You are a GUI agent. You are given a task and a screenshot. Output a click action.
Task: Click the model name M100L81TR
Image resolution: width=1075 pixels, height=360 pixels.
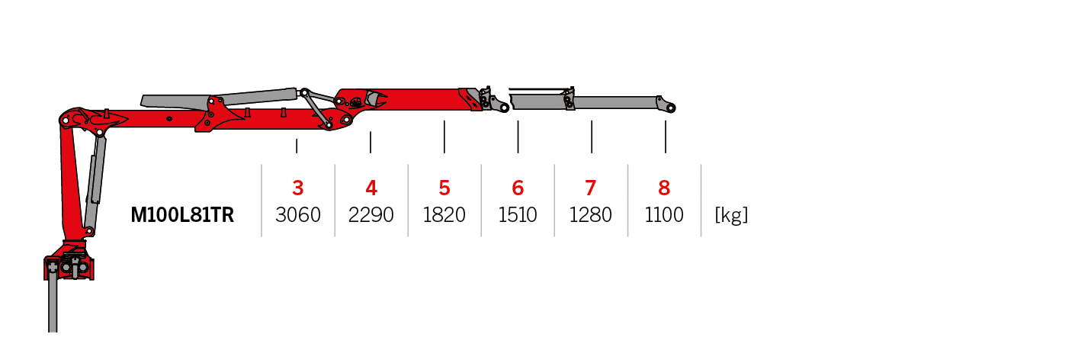coord(182,216)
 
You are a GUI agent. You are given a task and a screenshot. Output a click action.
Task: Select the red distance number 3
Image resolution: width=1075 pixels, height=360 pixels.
coord(298,188)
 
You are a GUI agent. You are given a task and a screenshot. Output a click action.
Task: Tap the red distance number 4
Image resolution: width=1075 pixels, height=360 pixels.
coord(371,188)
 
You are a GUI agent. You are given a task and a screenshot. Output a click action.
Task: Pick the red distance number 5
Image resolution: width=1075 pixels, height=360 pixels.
coord(444,188)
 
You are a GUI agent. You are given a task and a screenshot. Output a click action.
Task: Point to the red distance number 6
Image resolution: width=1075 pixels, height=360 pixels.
coord(518,188)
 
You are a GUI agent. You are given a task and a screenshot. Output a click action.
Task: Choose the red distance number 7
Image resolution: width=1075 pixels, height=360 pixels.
coord(591,188)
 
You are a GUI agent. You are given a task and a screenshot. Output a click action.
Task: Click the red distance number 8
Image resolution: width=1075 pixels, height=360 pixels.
coord(664,188)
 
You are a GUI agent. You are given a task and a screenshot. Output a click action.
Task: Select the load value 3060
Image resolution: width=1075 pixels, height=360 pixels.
coord(298,216)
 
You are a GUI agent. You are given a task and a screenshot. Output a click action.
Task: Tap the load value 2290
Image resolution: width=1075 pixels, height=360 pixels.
coord(371,216)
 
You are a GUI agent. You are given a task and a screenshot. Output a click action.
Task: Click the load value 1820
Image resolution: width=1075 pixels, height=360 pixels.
coord(444,216)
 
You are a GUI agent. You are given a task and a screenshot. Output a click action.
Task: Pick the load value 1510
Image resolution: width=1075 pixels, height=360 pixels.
coord(518,216)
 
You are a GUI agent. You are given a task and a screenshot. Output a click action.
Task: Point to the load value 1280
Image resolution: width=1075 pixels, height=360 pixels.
coord(591,216)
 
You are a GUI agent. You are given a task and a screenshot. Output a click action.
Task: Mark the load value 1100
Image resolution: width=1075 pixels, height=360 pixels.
coord(664,216)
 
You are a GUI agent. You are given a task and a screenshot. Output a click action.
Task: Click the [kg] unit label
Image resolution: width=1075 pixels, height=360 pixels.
coord(731,216)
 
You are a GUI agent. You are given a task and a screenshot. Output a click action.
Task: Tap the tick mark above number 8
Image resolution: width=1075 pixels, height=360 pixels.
coord(666,137)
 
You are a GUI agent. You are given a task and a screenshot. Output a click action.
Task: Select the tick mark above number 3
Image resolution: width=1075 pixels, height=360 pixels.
coord(297,146)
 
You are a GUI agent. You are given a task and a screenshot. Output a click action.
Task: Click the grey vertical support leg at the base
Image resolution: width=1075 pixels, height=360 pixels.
coord(53,305)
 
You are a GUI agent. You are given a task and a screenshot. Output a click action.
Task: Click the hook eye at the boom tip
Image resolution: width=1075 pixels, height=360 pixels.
coord(669,108)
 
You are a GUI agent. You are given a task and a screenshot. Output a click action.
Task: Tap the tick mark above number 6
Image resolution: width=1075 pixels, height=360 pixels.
coord(518,137)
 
